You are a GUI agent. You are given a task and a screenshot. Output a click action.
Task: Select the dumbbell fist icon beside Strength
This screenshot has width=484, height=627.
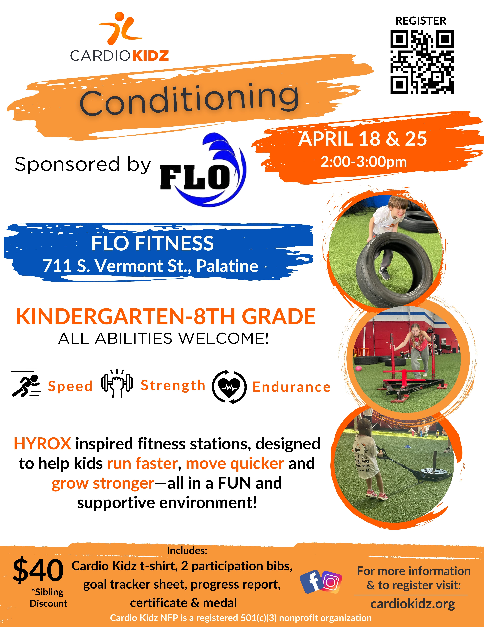[117, 383]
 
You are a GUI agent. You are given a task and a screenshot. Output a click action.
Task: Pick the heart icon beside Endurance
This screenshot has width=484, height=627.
[229, 387]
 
